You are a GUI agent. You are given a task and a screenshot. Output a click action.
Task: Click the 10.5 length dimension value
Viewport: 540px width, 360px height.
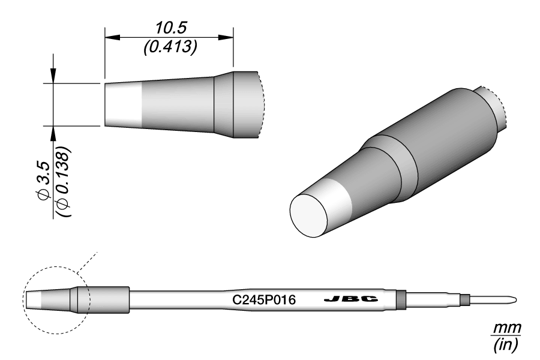tap(170, 28)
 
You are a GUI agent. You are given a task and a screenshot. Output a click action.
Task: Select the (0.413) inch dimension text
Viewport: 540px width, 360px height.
tap(170, 47)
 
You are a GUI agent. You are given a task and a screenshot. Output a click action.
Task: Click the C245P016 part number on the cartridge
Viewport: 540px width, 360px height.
tap(264, 300)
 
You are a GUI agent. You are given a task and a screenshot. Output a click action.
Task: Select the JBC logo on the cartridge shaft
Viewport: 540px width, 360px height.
tap(351, 299)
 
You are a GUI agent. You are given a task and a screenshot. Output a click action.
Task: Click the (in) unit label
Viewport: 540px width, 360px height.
tap(506, 344)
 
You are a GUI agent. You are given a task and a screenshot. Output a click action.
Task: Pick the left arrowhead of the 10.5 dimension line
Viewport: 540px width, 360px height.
tap(112, 37)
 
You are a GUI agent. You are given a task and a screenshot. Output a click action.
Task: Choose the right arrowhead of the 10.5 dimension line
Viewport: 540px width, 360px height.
tap(226, 37)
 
